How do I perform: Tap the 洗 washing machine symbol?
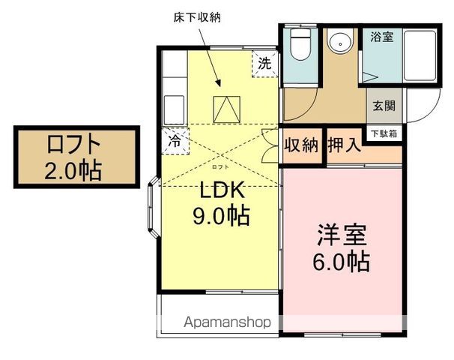click(x=264, y=64)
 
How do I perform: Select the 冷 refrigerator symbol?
click(x=175, y=140)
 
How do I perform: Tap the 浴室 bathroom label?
click(x=381, y=37)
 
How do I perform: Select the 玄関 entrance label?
click(x=384, y=106)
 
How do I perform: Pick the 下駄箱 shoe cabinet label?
click(x=384, y=133)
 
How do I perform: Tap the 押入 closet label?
click(x=345, y=145)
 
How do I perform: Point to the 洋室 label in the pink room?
click(x=340, y=235)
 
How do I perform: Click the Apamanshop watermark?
click(x=227, y=323)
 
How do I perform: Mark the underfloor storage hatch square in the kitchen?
click(x=225, y=109)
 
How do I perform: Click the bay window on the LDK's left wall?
click(x=153, y=207)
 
